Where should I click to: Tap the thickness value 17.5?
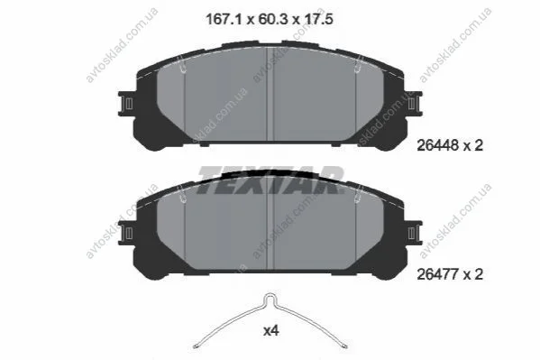(x=318, y=19)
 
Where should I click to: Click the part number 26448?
(x=438, y=145)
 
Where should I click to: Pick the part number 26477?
(x=438, y=274)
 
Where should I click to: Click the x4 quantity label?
(x=271, y=331)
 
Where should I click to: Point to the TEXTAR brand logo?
(x=270, y=180)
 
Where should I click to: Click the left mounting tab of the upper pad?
(x=126, y=104)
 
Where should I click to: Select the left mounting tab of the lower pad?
(x=126, y=233)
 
